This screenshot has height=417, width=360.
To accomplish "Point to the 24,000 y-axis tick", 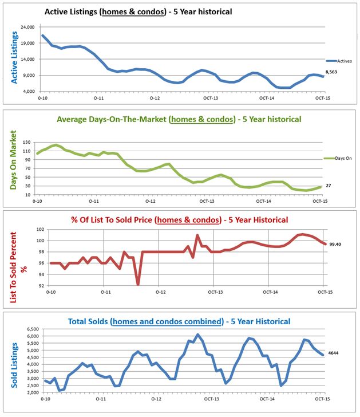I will click(x=27, y=27).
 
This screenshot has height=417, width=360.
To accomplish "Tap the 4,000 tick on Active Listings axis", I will click(x=29, y=92).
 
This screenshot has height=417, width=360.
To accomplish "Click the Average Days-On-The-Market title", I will click(x=179, y=120).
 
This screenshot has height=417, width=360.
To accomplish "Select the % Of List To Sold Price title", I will click(x=179, y=219).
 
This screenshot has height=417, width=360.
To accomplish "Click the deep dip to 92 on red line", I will click(x=138, y=283).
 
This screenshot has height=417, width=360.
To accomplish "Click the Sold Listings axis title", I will click(x=13, y=361).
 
